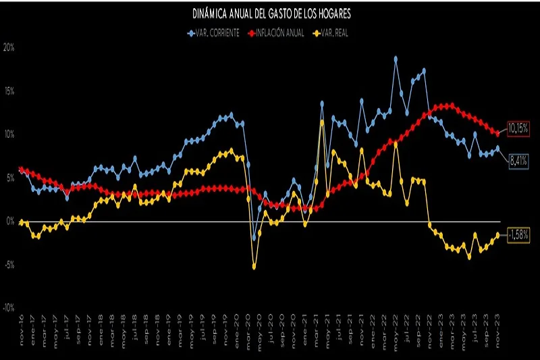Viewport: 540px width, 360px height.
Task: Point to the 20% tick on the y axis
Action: (9, 48)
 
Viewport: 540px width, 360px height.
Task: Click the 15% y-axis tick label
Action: (9, 91)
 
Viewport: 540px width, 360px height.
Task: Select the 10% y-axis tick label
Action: (9, 134)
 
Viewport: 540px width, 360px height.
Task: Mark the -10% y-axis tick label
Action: (9, 307)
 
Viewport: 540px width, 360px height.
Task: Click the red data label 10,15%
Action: (518, 127)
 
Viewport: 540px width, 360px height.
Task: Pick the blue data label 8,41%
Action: (518, 161)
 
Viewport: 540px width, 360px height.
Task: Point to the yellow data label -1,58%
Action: (518, 234)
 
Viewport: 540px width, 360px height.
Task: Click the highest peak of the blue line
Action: (396, 59)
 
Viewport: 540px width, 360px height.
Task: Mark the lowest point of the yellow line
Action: (254, 267)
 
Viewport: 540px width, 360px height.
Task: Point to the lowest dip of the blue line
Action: (254, 238)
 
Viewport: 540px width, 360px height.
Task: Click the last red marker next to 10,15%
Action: (498, 133)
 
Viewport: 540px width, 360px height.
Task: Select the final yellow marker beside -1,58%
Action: (498, 234)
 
